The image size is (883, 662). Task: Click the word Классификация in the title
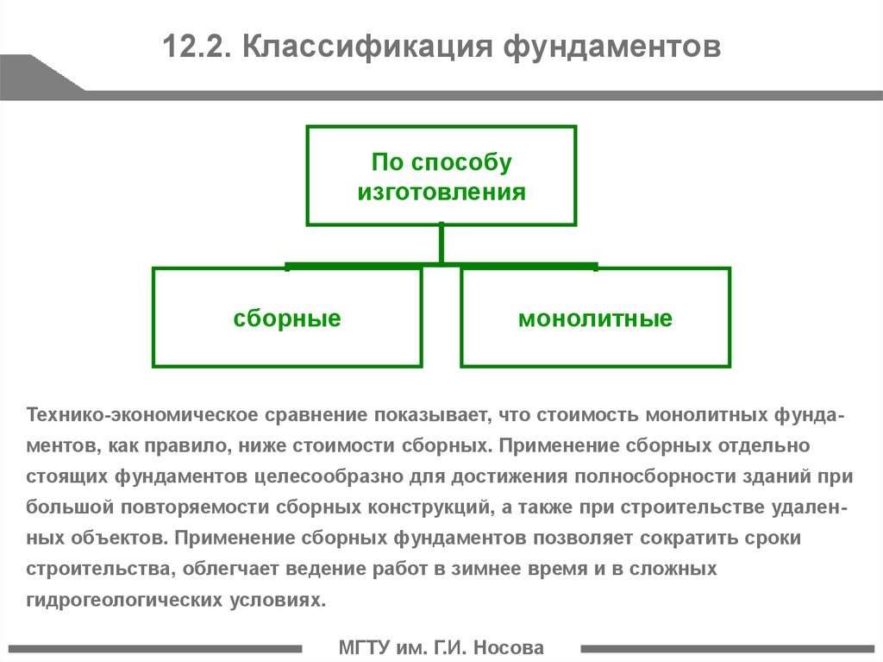point(367,47)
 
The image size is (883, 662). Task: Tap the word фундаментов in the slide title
point(612,47)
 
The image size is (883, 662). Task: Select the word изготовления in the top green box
point(441,192)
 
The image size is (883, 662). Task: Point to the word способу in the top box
point(462,162)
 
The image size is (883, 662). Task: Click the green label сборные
point(287,318)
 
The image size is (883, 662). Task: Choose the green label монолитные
point(595,318)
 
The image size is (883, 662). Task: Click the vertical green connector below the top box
point(441,243)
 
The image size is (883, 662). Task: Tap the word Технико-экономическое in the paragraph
point(142,415)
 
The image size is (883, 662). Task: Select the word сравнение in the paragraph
point(316,415)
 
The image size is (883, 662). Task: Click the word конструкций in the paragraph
point(430,508)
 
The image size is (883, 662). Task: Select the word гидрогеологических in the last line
point(123,599)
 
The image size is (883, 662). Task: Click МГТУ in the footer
point(365,647)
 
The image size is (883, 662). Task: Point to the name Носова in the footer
point(509,647)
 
